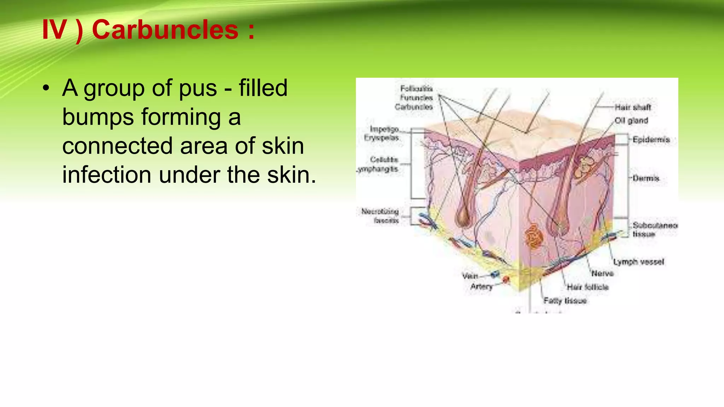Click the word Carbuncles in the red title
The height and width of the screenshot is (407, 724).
(x=165, y=30)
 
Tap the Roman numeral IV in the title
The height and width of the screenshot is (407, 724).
(x=54, y=30)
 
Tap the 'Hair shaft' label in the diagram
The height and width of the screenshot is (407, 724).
(x=632, y=107)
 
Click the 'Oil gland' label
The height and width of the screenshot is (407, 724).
(x=631, y=120)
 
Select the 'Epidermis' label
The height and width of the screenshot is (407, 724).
(x=651, y=140)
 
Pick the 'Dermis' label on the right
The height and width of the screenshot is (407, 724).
(x=646, y=178)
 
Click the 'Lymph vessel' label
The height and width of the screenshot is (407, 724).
(x=638, y=262)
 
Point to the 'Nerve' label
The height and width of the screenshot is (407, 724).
(x=602, y=273)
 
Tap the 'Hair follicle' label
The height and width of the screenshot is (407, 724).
(x=588, y=287)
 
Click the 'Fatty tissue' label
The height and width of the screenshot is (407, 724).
(x=565, y=301)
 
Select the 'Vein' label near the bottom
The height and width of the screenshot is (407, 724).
(x=470, y=276)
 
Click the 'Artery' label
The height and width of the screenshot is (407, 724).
(x=481, y=286)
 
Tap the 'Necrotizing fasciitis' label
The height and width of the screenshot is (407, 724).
(x=380, y=216)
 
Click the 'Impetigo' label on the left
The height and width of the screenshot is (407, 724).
(x=384, y=129)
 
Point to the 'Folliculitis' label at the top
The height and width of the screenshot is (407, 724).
(x=416, y=89)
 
